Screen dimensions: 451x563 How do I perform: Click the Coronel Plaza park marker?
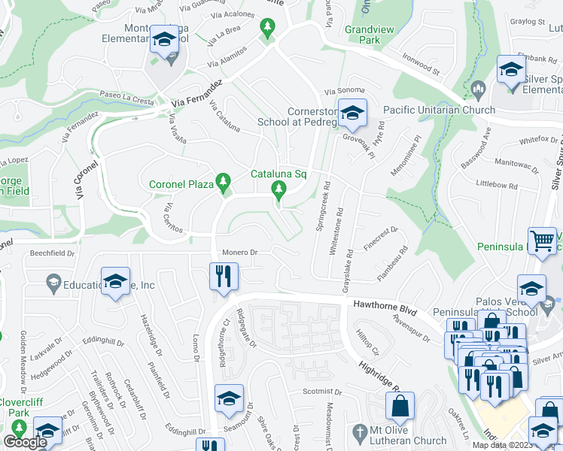pos(223,183)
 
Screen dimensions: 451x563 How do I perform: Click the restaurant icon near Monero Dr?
pos(222,276)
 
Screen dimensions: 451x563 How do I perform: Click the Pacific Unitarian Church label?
pos(439,110)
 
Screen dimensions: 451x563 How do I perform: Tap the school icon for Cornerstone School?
pos(351,114)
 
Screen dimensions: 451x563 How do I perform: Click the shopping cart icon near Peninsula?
pos(541,241)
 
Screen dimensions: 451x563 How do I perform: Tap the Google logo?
pos(24,442)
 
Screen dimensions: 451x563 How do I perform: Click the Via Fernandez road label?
pos(196,93)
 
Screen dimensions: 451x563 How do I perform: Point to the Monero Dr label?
pos(240,252)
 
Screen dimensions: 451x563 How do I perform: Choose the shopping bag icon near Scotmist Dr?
pos(399,407)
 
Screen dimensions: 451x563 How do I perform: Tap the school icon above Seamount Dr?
pos(228,399)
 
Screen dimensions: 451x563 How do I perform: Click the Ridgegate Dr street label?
pos(247,329)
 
